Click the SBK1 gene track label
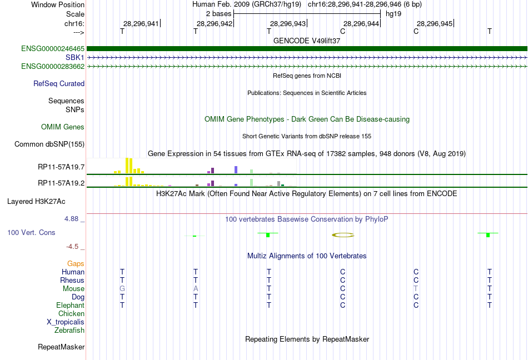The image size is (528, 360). (x=74, y=57)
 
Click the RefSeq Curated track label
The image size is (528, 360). (x=59, y=84)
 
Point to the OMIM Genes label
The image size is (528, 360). (x=63, y=127)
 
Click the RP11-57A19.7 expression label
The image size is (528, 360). (x=61, y=167)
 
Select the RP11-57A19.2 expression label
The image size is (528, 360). (x=61, y=183)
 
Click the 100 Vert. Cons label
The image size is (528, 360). (x=32, y=232)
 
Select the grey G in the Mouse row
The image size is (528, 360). (x=122, y=289)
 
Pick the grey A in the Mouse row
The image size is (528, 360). (x=196, y=289)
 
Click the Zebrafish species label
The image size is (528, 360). (x=69, y=331)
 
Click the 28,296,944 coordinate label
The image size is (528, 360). (x=361, y=23)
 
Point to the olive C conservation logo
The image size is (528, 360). (x=343, y=235)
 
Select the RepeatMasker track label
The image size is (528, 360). (x=61, y=347)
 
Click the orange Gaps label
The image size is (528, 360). (x=76, y=264)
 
